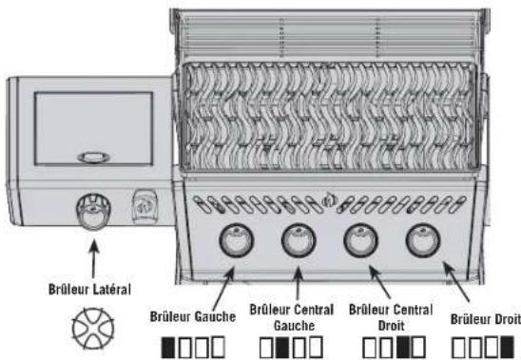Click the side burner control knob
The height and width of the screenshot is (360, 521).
[93, 211]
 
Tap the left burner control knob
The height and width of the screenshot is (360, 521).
[237, 240]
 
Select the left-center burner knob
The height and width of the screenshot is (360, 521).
[299, 240]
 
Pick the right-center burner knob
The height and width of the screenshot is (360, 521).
[361, 240]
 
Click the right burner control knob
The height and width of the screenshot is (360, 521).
[423, 240]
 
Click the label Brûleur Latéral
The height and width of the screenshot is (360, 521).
[89, 289]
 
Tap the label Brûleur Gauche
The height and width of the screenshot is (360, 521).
[193, 316]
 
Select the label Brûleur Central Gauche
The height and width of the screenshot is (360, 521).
[292, 317]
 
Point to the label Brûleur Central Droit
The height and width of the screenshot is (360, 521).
[391, 317]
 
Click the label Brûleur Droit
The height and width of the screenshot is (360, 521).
[486, 319]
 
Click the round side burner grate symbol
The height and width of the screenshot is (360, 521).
[93, 329]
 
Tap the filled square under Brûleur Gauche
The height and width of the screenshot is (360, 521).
[168, 348]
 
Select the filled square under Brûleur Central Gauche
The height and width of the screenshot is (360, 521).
[282, 348]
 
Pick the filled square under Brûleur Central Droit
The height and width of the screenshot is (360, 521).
[403, 348]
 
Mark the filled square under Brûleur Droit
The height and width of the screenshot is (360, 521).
[507, 348]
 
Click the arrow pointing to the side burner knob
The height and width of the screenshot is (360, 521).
[94, 259]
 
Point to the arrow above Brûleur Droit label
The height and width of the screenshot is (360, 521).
[457, 282]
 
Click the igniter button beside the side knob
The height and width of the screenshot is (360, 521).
[145, 206]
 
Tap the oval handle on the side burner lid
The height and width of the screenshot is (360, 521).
[93, 158]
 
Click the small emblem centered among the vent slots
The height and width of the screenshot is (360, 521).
[329, 199]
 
